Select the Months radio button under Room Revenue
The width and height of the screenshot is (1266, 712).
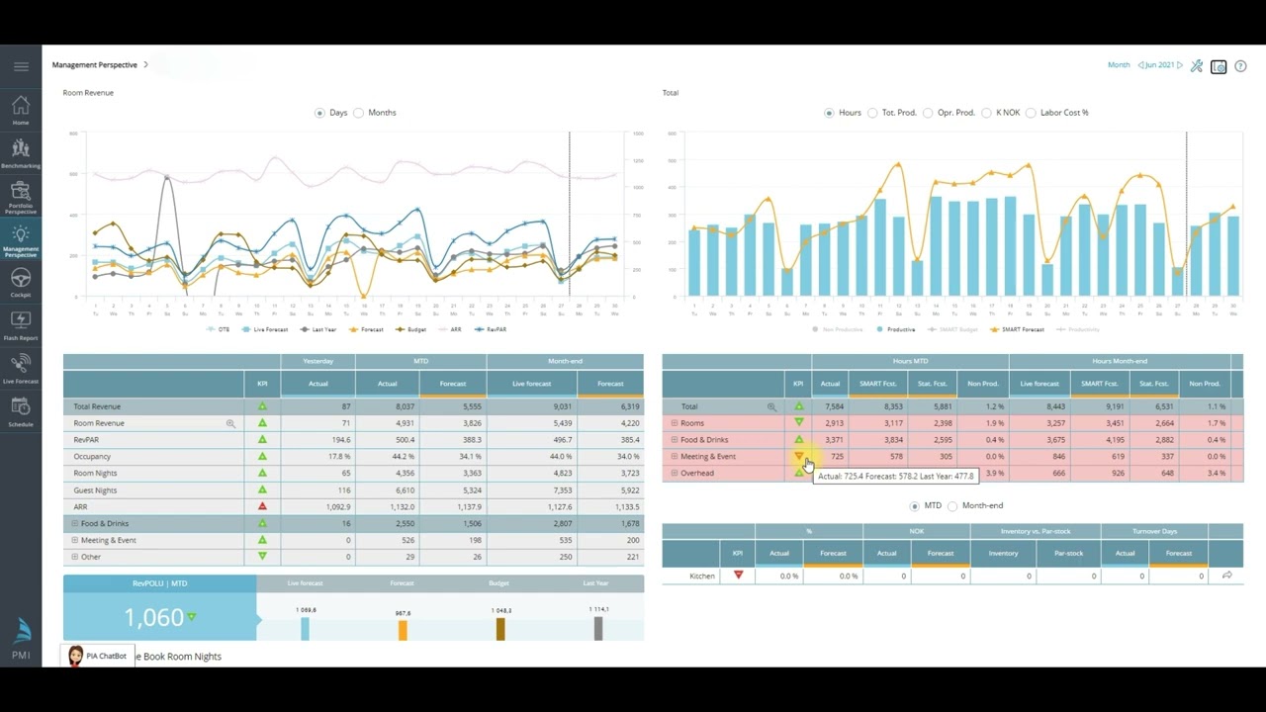[x=359, y=113]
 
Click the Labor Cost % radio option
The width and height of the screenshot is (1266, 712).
[x=1031, y=113]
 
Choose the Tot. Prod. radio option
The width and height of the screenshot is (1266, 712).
[x=872, y=113]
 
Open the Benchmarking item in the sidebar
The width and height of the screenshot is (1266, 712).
[x=21, y=153]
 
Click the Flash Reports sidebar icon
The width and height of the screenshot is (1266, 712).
[x=21, y=324]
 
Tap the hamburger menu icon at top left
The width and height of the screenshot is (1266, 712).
[x=21, y=66]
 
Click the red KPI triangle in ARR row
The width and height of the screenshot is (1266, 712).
[x=262, y=506]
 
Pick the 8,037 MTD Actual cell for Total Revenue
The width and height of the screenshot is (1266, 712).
[x=387, y=406]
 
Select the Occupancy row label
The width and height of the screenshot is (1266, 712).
[x=92, y=457]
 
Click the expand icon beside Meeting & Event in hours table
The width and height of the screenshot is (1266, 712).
[x=675, y=457]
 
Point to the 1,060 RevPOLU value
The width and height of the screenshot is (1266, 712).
[x=154, y=618]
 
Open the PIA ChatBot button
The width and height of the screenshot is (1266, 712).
[x=98, y=656]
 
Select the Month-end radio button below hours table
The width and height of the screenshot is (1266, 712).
[x=953, y=506]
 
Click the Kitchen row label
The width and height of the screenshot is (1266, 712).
[x=701, y=576]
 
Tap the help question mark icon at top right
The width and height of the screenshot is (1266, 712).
[x=1240, y=66]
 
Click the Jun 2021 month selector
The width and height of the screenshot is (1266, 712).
[x=1159, y=65]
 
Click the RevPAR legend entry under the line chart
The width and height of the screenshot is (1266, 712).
[x=490, y=329]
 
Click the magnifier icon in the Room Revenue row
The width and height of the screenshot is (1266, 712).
[x=230, y=423]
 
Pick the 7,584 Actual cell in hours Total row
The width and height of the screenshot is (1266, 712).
[x=830, y=406]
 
